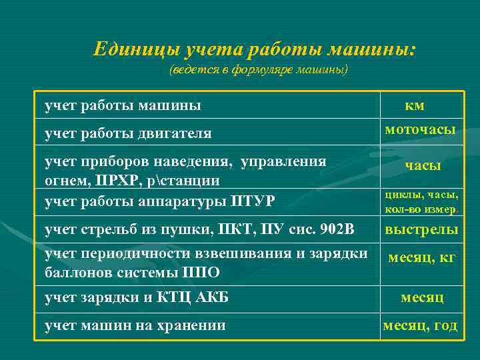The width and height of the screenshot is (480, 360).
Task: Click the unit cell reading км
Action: coord(414,105)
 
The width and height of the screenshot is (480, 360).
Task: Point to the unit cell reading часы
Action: coord(423,167)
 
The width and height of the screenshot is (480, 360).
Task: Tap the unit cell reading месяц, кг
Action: coord(422,258)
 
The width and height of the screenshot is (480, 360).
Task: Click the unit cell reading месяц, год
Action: coord(420,325)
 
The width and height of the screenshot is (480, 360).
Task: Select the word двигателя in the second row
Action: coord(175,133)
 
